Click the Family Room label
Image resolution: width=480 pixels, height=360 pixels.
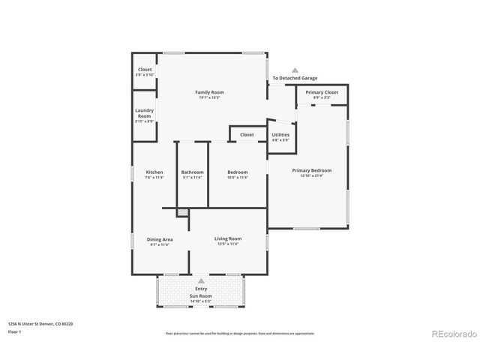[211, 92]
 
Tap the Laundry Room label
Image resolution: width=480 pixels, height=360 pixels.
[145, 113]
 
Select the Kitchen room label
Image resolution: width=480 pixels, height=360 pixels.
[154, 172]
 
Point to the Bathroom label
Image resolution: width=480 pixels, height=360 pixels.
[192, 172]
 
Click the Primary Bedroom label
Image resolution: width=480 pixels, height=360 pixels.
[311, 170]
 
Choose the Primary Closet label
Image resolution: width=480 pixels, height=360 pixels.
[321, 91]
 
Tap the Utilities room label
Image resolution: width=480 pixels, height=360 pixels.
[280, 134]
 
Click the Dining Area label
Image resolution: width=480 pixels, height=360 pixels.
[159, 239]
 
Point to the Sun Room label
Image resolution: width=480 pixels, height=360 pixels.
[201, 295]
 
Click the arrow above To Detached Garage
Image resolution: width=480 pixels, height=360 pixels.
[295, 69]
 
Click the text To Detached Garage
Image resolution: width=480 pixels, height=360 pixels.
[294, 78]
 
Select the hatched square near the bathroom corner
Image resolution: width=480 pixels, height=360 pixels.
[182, 212]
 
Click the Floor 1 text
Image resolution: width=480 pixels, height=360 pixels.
[14, 331]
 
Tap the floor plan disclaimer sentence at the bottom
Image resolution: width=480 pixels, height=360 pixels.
[240, 333]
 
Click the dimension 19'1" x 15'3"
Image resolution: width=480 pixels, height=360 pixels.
[211, 97]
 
